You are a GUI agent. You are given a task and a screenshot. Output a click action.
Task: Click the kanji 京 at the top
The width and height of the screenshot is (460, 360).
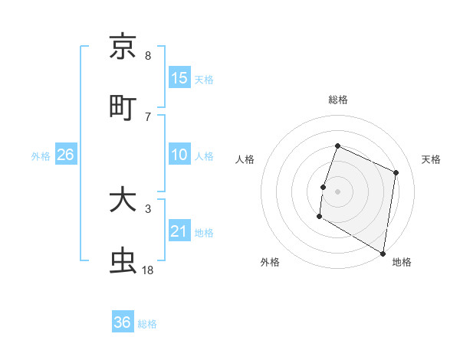click(x=123, y=47)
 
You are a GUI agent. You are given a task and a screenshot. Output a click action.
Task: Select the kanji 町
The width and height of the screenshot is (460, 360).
click(x=123, y=108)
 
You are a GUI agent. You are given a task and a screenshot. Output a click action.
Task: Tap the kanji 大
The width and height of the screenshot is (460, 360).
click(x=123, y=201)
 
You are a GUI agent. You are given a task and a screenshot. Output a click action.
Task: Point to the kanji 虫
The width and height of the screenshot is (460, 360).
click(x=123, y=261)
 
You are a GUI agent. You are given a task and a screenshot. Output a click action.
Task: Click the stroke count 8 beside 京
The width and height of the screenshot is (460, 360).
click(x=148, y=55)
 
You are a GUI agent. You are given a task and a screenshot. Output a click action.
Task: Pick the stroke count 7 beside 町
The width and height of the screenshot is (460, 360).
click(x=148, y=116)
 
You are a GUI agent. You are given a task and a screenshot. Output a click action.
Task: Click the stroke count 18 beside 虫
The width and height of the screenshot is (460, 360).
click(x=148, y=270)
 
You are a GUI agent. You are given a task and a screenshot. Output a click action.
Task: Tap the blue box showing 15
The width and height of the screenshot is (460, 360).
click(x=179, y=77)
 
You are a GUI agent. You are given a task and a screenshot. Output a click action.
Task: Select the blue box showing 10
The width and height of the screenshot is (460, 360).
click(x=179, y=155)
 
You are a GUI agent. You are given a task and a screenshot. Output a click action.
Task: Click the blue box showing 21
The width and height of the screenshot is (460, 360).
click(x=179, y=231)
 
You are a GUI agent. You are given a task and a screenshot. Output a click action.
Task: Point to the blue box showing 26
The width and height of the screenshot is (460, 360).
click(x=65, y=155)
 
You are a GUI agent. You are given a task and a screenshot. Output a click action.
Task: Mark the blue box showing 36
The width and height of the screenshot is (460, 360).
click(x=122, y=322)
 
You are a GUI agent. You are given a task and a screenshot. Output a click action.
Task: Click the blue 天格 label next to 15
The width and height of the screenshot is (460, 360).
click(x=204, y=79)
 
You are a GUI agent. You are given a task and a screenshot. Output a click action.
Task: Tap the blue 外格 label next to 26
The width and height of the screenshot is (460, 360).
click(x=41, y=156)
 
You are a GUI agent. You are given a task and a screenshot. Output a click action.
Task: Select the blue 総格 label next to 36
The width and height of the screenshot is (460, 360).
click(x=147, y=324)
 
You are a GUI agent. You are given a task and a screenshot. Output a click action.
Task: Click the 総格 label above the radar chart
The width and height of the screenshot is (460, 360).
click(x=338, y=100)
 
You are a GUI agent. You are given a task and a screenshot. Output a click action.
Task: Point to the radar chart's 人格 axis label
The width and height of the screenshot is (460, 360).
click(x=245, y=159)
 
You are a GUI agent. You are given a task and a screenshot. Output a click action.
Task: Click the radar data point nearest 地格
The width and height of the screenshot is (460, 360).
click(x=383, y=253)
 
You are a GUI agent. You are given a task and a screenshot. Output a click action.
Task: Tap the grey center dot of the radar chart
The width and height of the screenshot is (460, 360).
click(x=338, y=190)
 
